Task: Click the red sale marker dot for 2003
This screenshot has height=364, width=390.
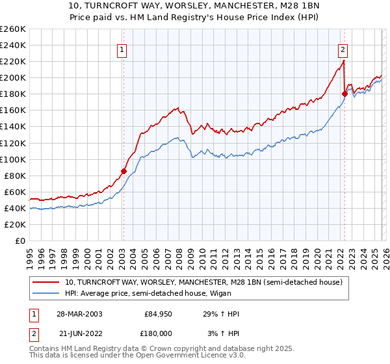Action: pos(123,172)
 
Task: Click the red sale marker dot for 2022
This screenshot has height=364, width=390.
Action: pos(344,94)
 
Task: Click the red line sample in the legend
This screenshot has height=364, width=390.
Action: pos(47,282)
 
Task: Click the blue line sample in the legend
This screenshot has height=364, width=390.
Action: pos(47,293)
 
